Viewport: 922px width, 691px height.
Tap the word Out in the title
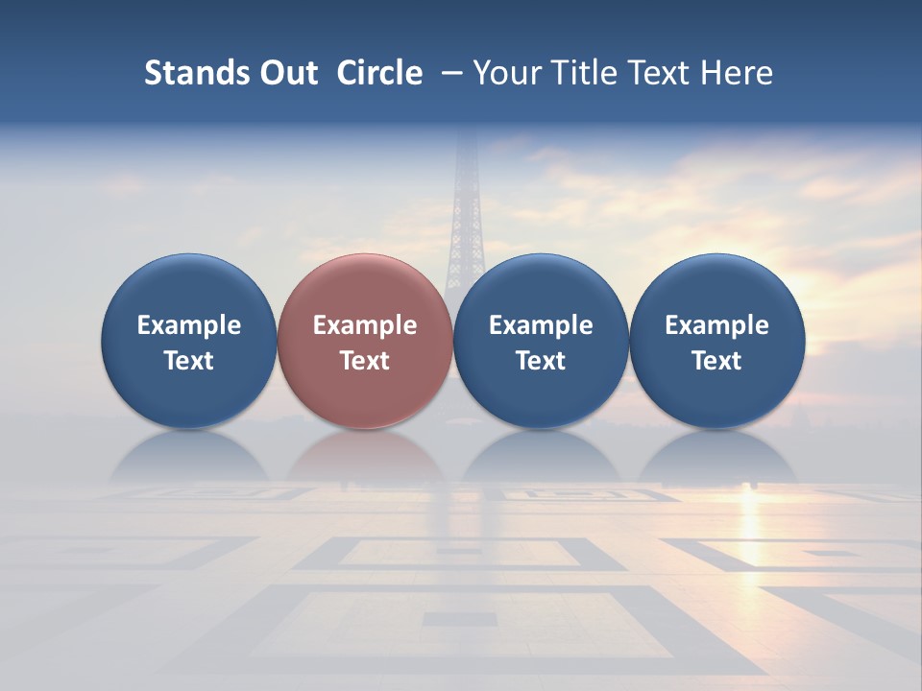pyautogui.click(x=287, y=73)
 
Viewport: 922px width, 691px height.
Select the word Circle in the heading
pyautogui.click(x=379, y=73)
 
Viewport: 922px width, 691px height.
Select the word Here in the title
pyautogui.click(x=738, y=73)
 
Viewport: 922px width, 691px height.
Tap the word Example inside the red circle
pyautogui.click(x=365, y=325)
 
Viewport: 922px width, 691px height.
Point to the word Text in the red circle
pyautogui.click(x=365, y=361)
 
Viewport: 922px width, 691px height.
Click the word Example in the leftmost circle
pyautogui.click(x=188, y=325)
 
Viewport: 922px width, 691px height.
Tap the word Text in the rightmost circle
pyautogui.click(x=717, y=361)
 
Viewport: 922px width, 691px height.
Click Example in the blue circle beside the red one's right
pyautogui.click(x=541, y=325)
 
